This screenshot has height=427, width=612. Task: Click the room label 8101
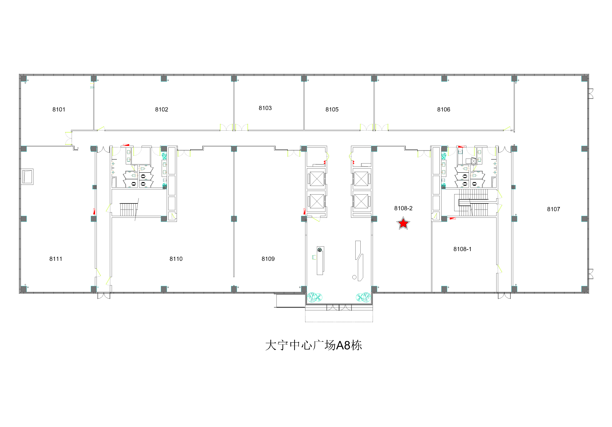click(59, 109)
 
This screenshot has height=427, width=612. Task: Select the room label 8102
click(162, 109)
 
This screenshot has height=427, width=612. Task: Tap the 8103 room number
click(265, 108)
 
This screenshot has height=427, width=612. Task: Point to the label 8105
click(332, 109)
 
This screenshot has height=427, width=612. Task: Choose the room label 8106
click(444, 109)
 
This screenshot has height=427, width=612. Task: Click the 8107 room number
click(554, 209)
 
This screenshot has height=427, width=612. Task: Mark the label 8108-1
click(462, 249)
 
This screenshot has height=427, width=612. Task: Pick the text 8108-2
click(403, 208)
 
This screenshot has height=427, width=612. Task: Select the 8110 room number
click(176, 259)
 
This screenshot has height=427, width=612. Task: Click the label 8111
click(56, 259)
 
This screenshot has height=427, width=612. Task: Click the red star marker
click(403, 223)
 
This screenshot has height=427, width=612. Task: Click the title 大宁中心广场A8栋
click(313, 345)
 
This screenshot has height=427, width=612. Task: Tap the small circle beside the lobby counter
click(354, 277)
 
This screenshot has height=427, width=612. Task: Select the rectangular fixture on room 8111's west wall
click(27, 176)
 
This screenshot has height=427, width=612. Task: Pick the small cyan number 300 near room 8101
click(92, 87)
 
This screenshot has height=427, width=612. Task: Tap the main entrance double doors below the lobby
click(339, 307)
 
